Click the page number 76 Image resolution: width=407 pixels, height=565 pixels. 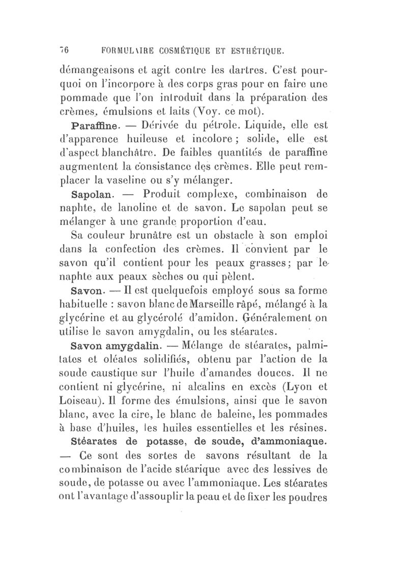(64, 51)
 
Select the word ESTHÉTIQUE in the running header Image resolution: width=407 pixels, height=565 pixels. (251, 51)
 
